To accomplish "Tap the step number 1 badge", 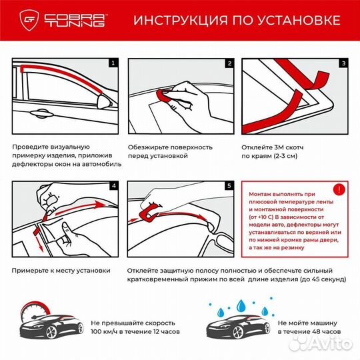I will coord(113,64).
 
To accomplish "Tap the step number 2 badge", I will coord(229,64).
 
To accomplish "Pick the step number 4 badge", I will coord(113,186).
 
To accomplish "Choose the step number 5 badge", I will coord(229,186).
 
